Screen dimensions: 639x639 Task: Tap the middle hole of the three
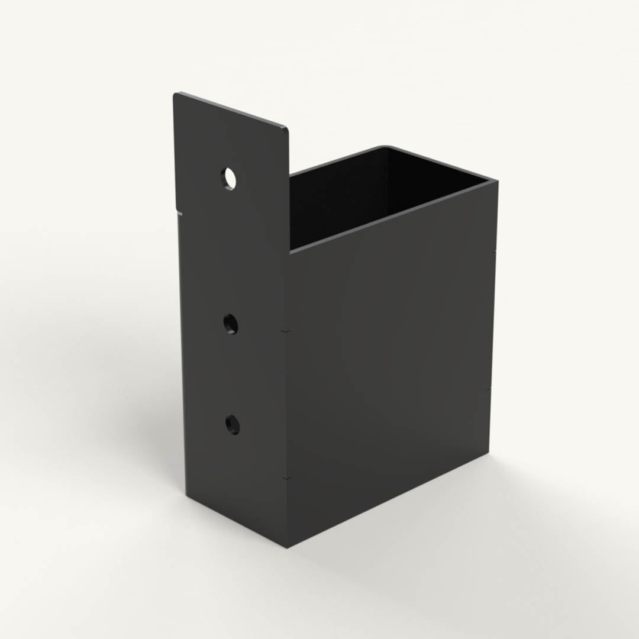230,324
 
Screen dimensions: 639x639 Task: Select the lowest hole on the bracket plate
232,424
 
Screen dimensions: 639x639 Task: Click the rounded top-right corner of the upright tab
286,129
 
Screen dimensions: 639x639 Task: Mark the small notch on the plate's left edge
179,211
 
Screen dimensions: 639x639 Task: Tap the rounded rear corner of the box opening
388,147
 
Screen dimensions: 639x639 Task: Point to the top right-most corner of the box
496,182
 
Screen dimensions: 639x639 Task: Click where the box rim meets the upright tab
290,175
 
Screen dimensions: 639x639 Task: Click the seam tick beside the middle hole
286,330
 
